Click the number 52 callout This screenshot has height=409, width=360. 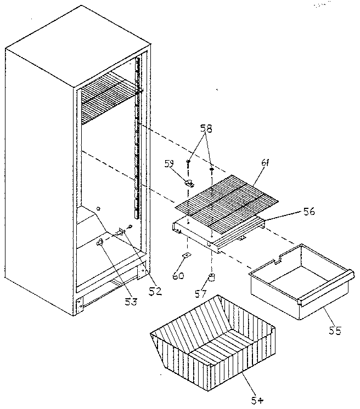tap(155, 291)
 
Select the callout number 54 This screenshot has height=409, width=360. tap(257, 400)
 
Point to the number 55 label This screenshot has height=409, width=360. tap(334, 330)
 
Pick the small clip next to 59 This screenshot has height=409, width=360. tap(189, 183)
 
